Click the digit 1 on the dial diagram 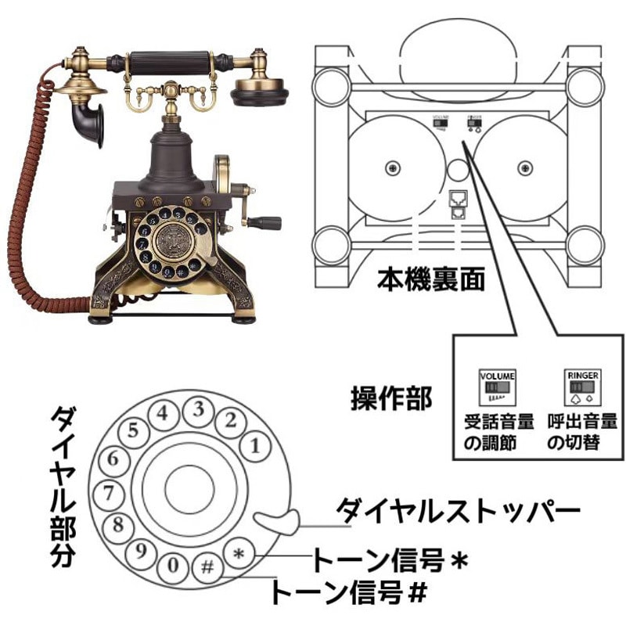coord(254,447)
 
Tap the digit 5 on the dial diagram coord(134,430)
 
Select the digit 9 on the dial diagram coord(142,552)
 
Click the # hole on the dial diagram coord(208,565)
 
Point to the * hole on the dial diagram coord(239,554)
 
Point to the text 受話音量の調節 coord(498,433)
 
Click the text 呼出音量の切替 coord(583,433)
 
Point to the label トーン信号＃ coord(349,592)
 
